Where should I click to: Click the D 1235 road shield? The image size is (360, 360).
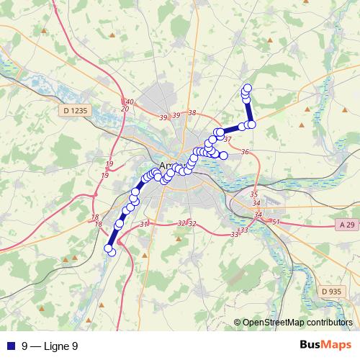click(x=74, y=111)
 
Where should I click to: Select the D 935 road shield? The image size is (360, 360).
click(x=331, y=291)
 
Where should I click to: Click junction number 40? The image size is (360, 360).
click(x=130, y=102)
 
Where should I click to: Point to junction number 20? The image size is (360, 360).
click(x=125, y=109)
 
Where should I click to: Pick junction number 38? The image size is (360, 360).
click(x=192, y=113)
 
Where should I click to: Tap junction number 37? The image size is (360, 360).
click(x=228, y=139)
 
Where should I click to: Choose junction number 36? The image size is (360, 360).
click(x=245, y=152)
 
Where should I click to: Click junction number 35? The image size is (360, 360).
click(x=253, y=194)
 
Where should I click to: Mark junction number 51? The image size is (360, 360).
click(x=276, y=222)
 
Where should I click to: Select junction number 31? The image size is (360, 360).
click(x=143, y=225)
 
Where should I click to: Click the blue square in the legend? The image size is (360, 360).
click(x=10, y=346)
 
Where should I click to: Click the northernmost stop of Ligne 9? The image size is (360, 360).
click(x=248, y=88)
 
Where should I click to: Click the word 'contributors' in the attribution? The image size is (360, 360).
click(x=330, y=323)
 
